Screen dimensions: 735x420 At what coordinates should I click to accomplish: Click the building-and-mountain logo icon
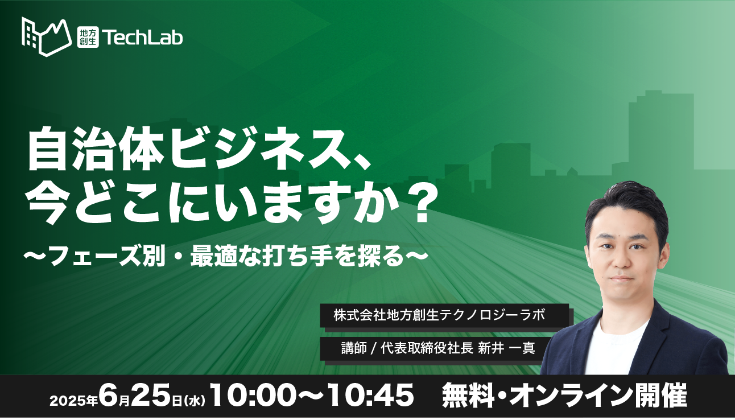pos(47,37)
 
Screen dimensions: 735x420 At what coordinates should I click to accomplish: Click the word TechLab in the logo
pos(142,38)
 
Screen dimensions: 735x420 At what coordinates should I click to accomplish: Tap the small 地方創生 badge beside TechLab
pos(88,37)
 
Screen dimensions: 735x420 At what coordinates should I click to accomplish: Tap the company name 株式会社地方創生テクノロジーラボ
pos(439,315)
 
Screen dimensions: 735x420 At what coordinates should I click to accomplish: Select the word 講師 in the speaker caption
pos(354,348)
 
